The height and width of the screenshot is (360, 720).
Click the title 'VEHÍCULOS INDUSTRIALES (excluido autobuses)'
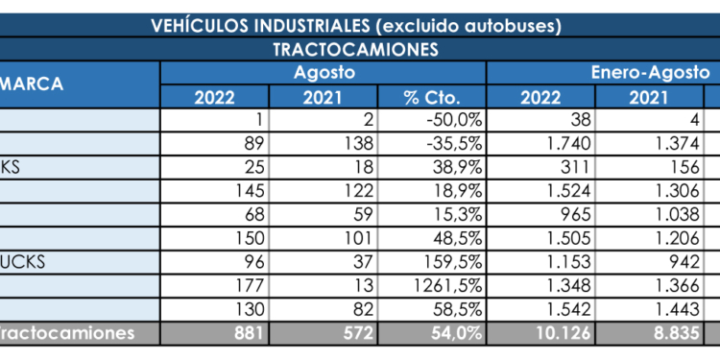(356, 26)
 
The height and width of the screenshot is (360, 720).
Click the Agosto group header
(324, 72)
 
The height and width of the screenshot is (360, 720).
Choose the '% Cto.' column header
(433, 96)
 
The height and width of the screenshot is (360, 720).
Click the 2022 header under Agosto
(215, 96)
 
